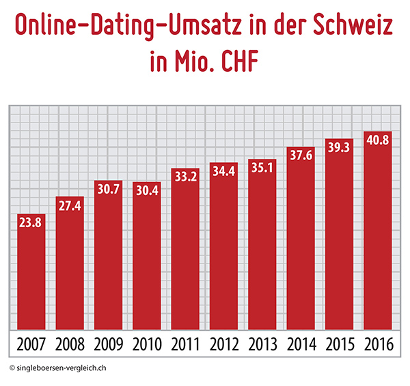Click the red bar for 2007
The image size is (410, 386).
[31, 274]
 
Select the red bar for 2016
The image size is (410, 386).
[377, 233]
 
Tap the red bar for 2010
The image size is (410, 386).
[146, 257]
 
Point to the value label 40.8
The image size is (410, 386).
[377, 140]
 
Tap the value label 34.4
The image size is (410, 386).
[223, 168]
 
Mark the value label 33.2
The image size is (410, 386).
[185, 176]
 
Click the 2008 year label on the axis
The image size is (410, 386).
[70, 344]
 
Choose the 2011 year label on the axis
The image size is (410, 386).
[185, 344]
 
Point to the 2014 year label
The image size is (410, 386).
[300, 344]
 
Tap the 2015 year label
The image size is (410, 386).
[339, 344]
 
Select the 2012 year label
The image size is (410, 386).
[223, 344]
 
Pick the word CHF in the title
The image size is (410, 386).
[236, 61]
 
